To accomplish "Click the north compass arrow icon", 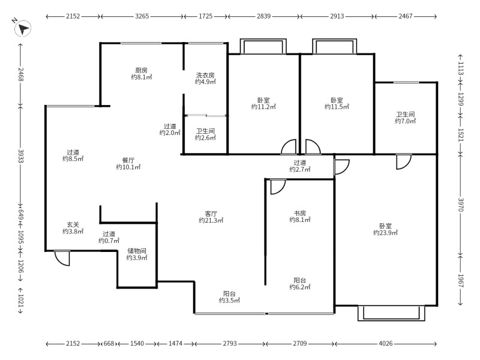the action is [x=23, y=28].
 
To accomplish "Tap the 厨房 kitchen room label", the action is [x=142, y=70].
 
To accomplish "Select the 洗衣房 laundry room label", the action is [x=205, y=75].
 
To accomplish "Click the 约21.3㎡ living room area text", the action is [x=211, y=220].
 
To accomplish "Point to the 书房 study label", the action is [x=299, y=213].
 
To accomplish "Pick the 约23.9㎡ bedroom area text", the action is [x=385, y=233].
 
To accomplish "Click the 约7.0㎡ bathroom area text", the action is [x=406, y=121].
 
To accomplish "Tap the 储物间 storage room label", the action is [x=137, y=251].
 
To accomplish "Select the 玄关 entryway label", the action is [x=73, y=224].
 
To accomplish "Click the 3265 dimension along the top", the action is [x=142, y=16].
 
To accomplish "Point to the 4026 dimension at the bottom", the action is [x=385, y=343].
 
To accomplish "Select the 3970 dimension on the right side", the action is [x=461, y=205].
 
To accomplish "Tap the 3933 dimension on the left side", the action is [x=21, y=156].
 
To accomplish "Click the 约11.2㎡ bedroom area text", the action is [x=263, y=107].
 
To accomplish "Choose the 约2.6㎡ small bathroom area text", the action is [x=205, y=138].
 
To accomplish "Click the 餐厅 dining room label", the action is [x=128, y=160].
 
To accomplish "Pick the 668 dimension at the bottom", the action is [x=109, y=343].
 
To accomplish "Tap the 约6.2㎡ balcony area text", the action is [x=300, y=287].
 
